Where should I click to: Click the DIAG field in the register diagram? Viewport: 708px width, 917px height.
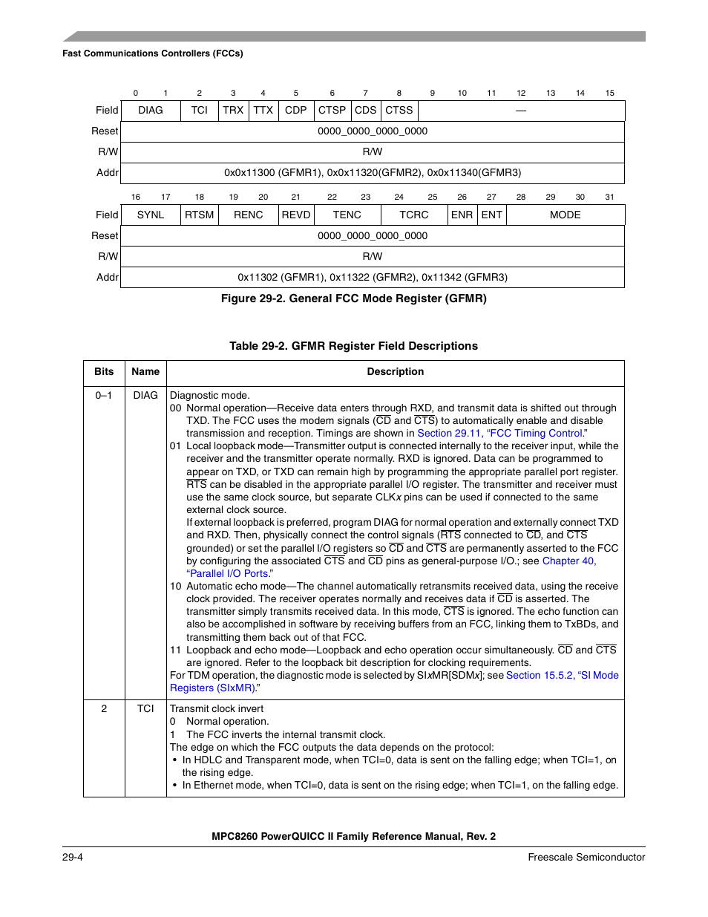(x=151, y=111)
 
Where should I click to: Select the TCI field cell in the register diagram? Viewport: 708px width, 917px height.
(x=200, y=111)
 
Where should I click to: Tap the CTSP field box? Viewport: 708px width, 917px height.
(x=332, y=111)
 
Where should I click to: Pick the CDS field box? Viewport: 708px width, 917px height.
(x=365, y=111)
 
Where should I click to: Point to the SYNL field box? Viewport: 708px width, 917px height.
(x=151, y=215)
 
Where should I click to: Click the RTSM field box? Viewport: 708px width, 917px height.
(x=200, y=215)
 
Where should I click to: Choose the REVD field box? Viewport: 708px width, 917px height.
(x=296, y=215)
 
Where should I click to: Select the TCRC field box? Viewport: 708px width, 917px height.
(x=413, y=215)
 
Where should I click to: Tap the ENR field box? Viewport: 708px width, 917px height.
(x=462, y=215)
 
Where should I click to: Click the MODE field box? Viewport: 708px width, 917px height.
(x=565, y=215)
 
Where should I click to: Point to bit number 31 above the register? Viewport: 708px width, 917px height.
(x=609, y=198)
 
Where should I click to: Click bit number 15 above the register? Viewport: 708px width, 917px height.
(x=609, y=94)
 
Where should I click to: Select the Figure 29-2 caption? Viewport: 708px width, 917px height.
(x=353, y=298)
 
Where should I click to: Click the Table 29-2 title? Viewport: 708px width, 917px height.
(x=353, y=346)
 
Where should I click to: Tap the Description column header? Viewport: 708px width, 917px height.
(x=396, y=372)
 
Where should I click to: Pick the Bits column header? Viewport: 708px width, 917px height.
(x=104, y=372)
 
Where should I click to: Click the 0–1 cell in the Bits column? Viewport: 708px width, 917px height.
(x=104, y=396)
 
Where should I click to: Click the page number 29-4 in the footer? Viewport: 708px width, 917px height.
(x=73, y=858)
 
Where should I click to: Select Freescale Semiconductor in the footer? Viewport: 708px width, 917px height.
(x=586, y=858)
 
